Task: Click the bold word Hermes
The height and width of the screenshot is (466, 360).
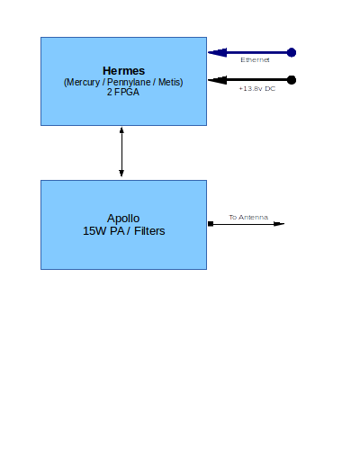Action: tap(123, 70)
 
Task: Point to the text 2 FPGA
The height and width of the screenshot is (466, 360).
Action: tap(123, 93)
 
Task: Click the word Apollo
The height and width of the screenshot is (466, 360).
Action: tap(123, 219)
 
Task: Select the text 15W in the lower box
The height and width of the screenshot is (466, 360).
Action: tap(94, 231)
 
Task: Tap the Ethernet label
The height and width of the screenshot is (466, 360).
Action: tap(255, 59)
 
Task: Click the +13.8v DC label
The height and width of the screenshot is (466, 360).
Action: tap(256, 88)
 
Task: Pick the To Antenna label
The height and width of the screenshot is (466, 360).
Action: tap(247, 217)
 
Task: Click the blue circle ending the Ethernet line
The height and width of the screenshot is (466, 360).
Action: tap(291, 52)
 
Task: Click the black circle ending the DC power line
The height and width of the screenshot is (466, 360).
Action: tap(291, 80)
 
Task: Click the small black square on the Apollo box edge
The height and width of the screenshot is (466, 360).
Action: tap(210, 223)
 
